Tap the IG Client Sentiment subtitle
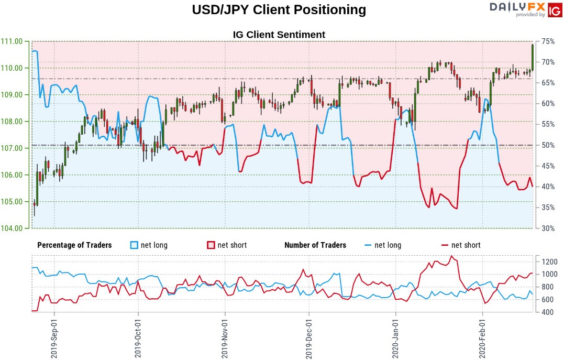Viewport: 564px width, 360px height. click(279, 35)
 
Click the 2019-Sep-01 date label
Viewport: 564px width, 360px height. click(54, 336)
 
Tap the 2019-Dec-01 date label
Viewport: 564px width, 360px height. click(309, 336)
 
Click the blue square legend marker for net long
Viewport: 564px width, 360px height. click(134, 245)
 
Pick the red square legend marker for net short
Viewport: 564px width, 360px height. click(211, 245)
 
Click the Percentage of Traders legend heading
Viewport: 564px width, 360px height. click(74, 245)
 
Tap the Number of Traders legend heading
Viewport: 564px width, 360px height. click(315, 245)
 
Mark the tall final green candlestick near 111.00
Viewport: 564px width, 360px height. click(533, 57)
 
